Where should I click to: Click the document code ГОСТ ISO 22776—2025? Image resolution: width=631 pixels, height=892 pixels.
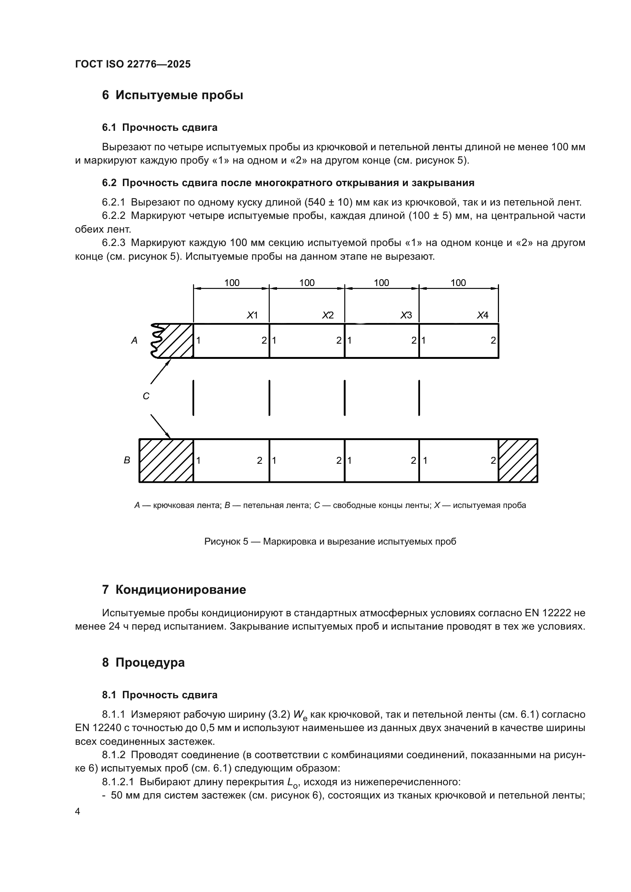133,64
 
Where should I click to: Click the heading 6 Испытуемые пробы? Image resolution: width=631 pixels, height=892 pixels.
172,95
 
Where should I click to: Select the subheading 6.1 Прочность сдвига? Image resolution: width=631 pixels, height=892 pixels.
160,127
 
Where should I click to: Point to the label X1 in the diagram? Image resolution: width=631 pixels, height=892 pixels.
253,315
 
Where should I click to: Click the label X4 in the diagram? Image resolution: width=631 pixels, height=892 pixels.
483,315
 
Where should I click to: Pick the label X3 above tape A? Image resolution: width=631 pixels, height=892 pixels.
406,315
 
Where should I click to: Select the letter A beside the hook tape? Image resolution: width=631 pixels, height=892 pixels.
134,341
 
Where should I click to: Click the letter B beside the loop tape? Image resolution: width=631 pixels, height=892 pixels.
127,460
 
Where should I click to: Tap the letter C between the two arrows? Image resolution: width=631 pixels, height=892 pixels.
146,396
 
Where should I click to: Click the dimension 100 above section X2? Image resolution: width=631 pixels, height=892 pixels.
307,283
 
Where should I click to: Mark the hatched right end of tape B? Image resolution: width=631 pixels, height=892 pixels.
518,461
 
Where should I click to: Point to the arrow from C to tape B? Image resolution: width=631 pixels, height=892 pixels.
161,426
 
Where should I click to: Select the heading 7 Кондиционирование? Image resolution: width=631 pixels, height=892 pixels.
174,590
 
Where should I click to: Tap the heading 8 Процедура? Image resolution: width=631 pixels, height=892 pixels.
143,662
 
